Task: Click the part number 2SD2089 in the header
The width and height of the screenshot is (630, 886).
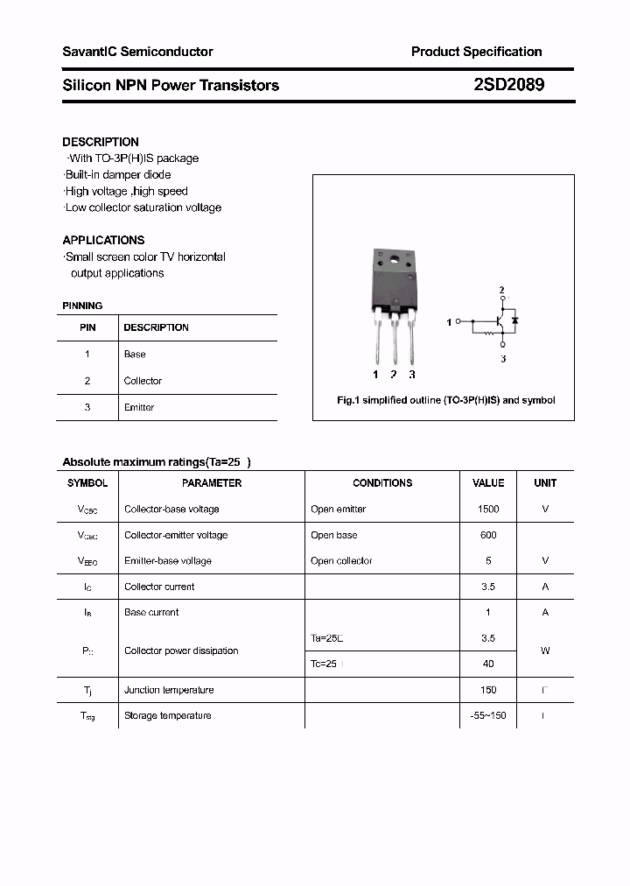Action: [508, 85]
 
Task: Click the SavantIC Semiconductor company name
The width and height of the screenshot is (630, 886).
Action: [137, 52]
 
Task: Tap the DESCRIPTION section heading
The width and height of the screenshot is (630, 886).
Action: [101, 142]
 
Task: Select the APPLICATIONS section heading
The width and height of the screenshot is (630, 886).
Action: [103, 240]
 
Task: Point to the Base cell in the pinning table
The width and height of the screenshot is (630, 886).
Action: [135, 355]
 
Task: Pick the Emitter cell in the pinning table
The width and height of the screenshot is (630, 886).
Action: [139, 407]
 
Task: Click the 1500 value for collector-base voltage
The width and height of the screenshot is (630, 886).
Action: [488, 509]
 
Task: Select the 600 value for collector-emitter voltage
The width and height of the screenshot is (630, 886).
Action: [488, 535]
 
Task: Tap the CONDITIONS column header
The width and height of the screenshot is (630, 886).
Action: [382, 483]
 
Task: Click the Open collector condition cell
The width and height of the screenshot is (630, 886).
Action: [341, 561]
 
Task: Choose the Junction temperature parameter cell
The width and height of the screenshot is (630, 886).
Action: [169, 690]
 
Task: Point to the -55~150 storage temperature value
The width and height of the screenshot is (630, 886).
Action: [488, 716]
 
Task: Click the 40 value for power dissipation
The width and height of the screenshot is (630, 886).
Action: [488, 664]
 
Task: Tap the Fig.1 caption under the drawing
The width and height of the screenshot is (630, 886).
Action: [445, 400]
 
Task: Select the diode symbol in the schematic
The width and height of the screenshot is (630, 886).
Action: [515, 320]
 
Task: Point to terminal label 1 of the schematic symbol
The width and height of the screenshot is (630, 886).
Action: [449, 323]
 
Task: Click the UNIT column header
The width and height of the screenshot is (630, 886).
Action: [545, 483]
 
